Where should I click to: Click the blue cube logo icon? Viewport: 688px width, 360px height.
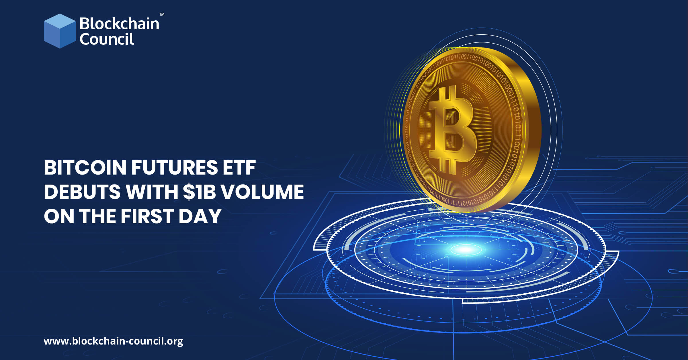point(60,31)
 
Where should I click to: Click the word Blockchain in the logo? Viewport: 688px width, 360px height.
point(119,24)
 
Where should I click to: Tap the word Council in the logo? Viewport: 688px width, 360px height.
point(107,39)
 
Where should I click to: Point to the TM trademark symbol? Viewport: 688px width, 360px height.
point(162,14)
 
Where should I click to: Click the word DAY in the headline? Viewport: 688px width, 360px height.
point(200,216)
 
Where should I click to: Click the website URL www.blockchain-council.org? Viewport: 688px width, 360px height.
point(113,341)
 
